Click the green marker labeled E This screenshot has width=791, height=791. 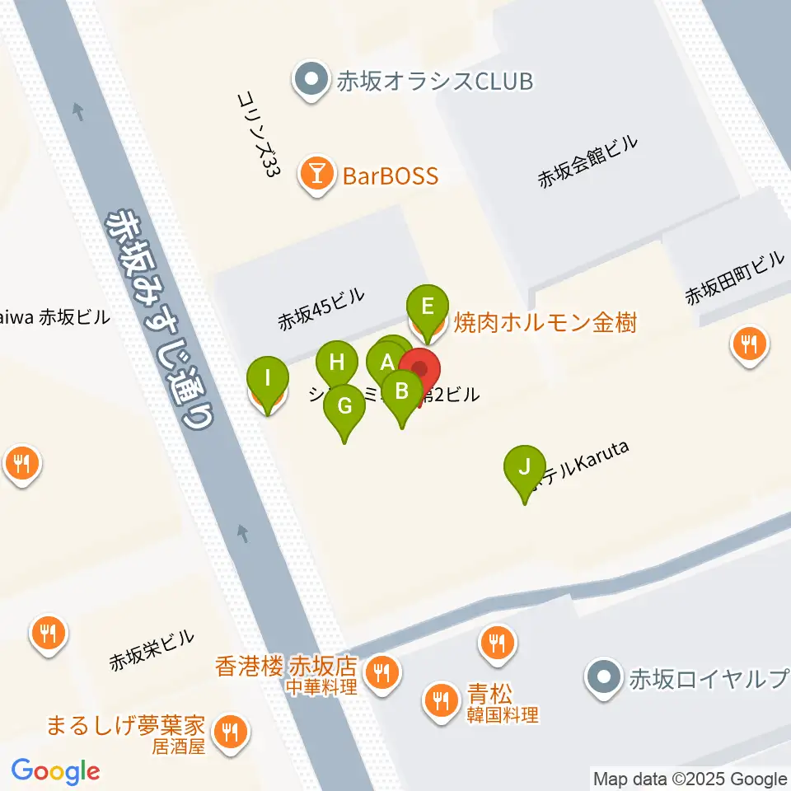pos(428,307)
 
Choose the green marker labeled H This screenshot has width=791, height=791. pos(336,363)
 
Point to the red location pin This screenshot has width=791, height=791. pos(420,369)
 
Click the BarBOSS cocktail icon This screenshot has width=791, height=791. pos(316,174)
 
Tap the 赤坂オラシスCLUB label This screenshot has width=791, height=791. pos(434,81)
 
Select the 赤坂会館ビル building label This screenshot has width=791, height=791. pos(588,162)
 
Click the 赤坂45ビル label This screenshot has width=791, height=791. pos(321,309)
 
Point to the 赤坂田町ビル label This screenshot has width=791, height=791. pos(736,278)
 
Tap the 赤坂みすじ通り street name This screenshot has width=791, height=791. pos(161,318)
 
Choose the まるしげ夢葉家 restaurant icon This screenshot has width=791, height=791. pos(228,729)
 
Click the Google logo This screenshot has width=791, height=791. pos(56,771)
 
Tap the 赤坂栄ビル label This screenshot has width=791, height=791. pos(152,649)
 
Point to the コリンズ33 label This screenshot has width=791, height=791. pos(257,135)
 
